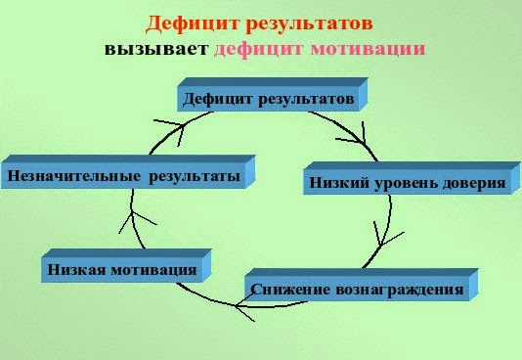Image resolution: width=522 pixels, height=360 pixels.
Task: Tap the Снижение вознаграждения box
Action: pyautogui.click(x=356, y=290)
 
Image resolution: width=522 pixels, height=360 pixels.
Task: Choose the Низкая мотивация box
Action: pyautogui.click(x=121, y=268)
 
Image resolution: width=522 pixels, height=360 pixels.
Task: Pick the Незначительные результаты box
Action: pyautogui.click(x=123, y=177)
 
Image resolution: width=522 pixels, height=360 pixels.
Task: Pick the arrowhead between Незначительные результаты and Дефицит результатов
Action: pyautogui.click(x=174, y=125)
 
